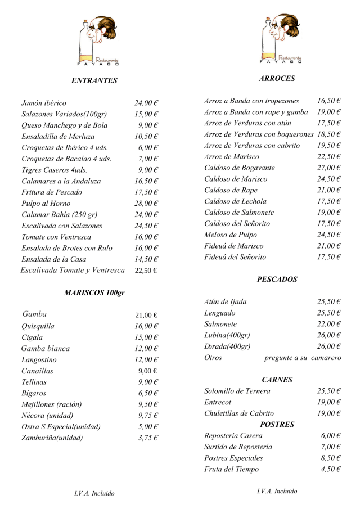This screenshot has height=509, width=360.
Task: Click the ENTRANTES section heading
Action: pos(94,80)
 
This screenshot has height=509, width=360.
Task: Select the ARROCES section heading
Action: pos(277,79)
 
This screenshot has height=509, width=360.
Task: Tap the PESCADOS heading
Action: pos(277,279)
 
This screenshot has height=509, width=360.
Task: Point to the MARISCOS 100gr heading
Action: pos(94,292)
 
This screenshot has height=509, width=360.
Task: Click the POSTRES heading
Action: pos(277,424)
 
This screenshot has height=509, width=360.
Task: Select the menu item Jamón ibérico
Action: pos(44,103)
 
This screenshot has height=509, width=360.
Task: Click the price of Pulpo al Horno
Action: pos(146,203)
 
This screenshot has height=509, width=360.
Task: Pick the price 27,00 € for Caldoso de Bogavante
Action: pos(329,168)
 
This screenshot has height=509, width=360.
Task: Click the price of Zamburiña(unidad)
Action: pos(148,438)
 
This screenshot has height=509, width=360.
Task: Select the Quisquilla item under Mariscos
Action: pos(38,326)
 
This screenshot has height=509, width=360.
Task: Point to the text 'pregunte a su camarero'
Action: pos(302,357)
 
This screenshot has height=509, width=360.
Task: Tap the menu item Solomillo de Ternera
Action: pos(237,391)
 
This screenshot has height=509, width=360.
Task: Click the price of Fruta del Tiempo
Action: pos(331,469)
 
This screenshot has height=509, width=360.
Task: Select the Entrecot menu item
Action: pos(218,402)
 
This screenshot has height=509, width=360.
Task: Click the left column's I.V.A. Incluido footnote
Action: pos(94,493)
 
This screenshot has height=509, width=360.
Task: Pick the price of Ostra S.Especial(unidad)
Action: pos(148,426)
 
